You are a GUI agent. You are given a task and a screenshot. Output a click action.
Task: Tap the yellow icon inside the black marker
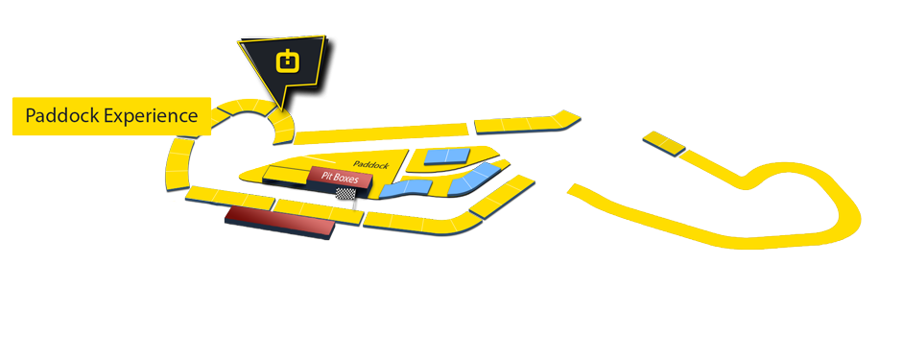click(x=287, y=62)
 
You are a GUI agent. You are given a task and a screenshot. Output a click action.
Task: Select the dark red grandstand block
click(x=279, y=223)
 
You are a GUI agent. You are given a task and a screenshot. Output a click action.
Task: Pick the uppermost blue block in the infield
click(x=447, y=156)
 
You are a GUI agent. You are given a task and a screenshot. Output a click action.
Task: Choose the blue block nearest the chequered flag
click(x=395, y=189)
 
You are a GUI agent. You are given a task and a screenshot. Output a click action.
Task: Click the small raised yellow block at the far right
click(x=663, y=142)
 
